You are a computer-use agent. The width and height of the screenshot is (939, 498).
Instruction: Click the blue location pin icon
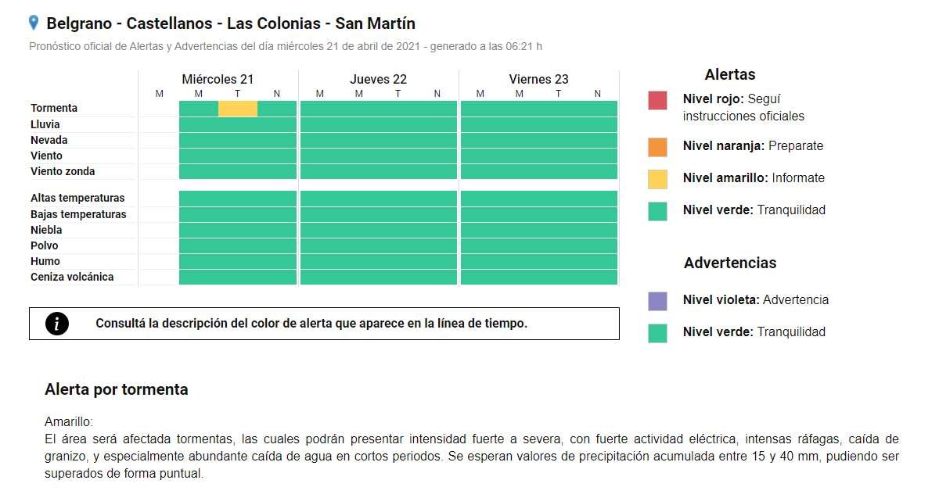[34, 23]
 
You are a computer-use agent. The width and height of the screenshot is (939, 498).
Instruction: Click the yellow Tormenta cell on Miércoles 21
[238, 109]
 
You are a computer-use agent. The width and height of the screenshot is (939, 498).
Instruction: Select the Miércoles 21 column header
[218, 79]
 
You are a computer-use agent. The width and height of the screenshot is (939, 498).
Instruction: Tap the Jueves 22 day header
[378, 79]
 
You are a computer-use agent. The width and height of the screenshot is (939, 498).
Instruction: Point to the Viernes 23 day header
[538, 79]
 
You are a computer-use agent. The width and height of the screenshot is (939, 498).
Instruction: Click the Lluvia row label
[45, 124]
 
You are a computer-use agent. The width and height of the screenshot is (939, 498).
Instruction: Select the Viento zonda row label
[63, 171]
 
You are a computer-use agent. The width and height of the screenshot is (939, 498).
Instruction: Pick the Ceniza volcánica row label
[72, 277]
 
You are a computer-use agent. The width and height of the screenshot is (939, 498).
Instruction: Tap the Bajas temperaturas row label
[78, 214]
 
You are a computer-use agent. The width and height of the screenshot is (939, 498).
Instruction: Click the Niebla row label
[46, 230]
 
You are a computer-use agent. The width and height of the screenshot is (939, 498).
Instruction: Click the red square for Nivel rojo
[657, 101]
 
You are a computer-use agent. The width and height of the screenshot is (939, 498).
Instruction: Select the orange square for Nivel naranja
[657, 147]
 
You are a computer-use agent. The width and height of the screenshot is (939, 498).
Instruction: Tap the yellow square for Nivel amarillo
[657, 179]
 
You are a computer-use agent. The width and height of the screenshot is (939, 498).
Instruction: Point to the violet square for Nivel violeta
[657, 301]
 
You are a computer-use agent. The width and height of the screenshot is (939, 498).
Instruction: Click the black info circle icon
[57, 324]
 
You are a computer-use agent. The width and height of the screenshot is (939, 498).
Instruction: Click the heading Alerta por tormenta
[117, 389]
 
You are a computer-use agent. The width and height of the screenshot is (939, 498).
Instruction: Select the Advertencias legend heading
[730, 263]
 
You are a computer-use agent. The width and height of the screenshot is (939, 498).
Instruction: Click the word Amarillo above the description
[69, 421]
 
